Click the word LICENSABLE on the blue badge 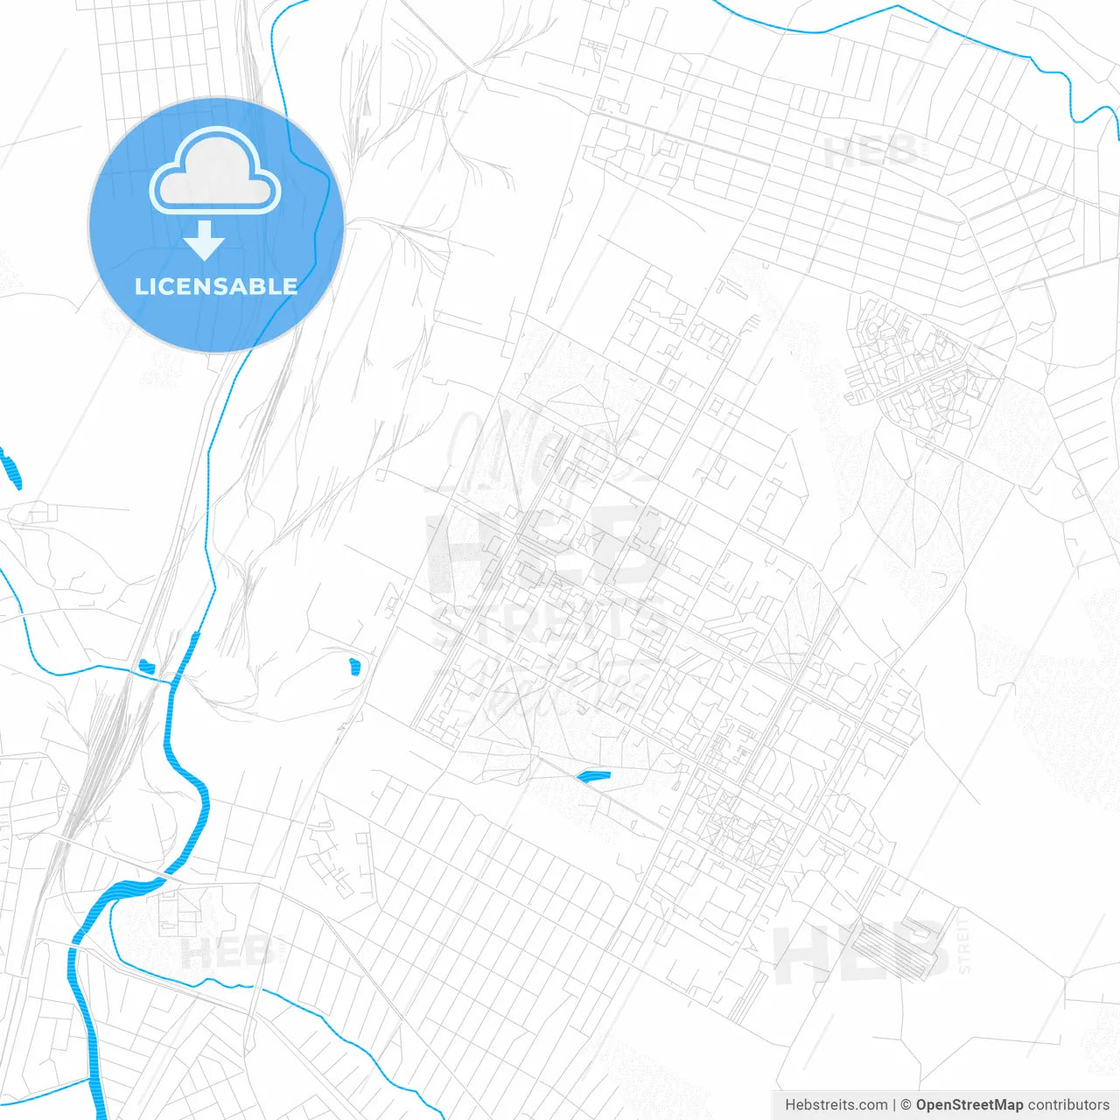click(216, 287)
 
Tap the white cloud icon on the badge click(215, 172)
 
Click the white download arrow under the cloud click(205, 241)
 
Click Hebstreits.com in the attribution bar click(836, 1105)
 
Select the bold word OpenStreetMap click(969, 1105)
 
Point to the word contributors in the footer click(1067, 1105)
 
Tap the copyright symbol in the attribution click(906, 1105)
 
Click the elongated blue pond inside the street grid click(594, 775)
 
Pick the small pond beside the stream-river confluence click(146, 667)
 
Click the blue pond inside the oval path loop click(354, 667)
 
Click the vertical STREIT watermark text click(964, 945)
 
